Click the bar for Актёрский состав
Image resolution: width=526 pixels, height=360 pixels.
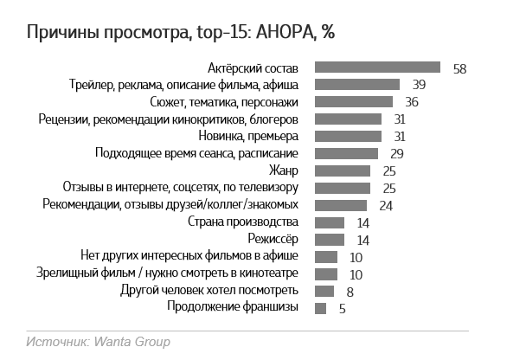tap(378, 67)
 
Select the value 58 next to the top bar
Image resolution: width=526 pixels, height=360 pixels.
tap(459, 68)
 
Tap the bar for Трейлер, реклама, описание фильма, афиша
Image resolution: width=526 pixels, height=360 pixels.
tap(357, 85)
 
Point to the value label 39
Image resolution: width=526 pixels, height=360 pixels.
tap(419, 85)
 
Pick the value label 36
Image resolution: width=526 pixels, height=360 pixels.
tap(412, 102)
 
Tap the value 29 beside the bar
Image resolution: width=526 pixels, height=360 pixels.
tap(397, 153)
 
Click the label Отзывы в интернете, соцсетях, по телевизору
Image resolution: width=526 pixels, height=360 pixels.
tap(181, 187)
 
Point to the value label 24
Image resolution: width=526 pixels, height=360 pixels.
tap(386, 205)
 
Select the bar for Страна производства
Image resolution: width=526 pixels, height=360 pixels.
tap(330, 222)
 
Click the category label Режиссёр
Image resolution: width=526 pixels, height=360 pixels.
tap(273, 239)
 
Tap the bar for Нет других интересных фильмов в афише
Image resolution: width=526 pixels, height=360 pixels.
tap(325, 256)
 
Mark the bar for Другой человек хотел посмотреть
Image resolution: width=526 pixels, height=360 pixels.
tap(324, 291)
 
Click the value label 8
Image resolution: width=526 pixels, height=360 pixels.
tap(350, 292)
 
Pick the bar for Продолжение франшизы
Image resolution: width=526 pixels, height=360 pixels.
tap(320, 308)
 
